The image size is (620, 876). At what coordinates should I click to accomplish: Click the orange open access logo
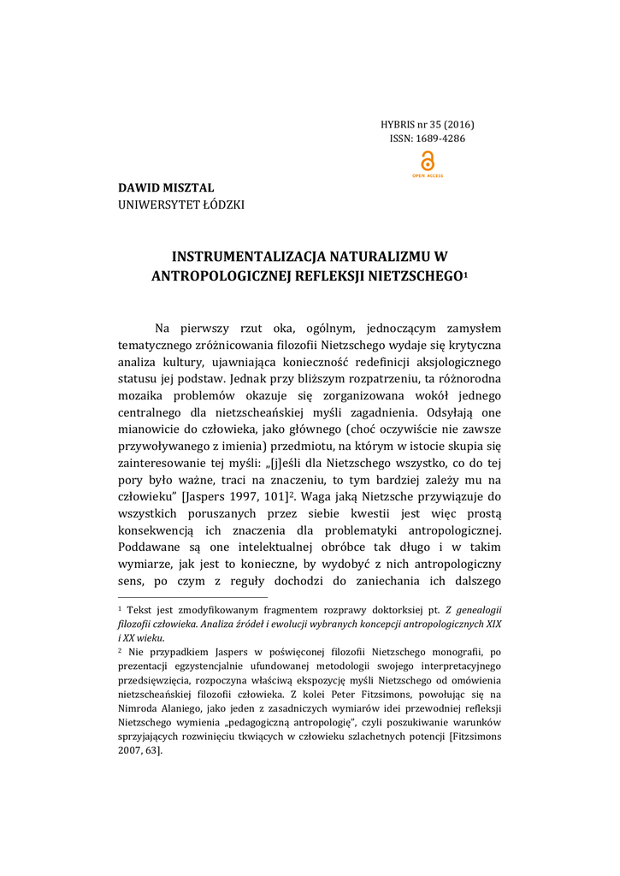pos(428,163)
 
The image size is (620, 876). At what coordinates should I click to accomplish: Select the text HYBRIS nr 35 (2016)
pos(428,124)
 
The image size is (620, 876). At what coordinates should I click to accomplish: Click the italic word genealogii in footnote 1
pos(477,608)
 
